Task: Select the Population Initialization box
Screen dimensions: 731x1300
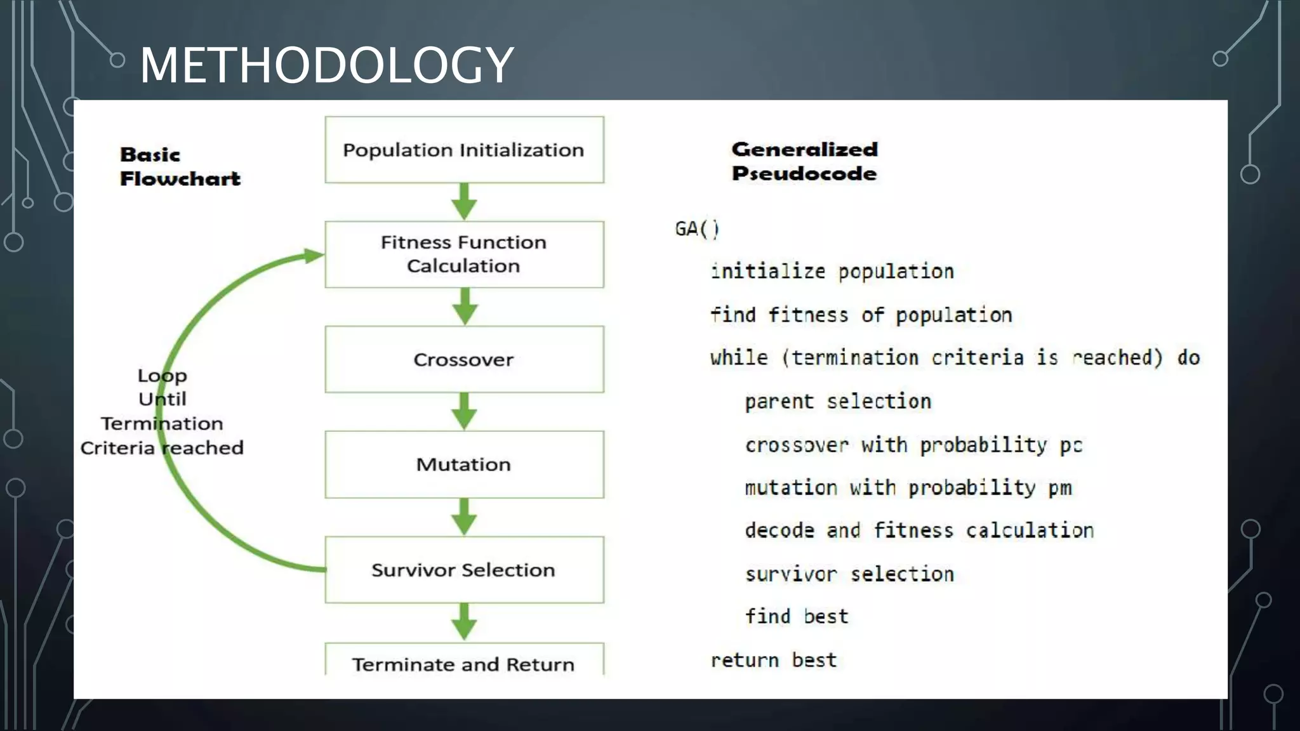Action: click(464, 150)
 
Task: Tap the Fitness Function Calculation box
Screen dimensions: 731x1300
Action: click(464, 254)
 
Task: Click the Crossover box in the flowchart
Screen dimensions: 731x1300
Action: click(464, 359)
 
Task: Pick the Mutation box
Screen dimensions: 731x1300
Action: click(464, 464)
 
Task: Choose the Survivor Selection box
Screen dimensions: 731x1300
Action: click(464, 570)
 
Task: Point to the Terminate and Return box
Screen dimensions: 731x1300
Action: click(464, 664)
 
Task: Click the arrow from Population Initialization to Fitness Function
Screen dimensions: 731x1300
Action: click(464, 202)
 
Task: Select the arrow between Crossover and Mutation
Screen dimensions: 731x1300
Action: click(464, 411)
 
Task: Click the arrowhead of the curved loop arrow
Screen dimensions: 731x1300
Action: click(314, 256)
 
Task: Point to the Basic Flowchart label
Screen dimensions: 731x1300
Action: click(180, 166)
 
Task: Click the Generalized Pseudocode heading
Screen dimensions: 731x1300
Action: click(804, 161)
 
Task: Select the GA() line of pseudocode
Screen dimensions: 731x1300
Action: click(696, 228)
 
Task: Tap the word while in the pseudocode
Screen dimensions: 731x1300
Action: click(739, 358)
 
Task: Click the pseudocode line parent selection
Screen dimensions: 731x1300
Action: click(838, 402)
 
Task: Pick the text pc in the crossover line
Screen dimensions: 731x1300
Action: click(1071, 445)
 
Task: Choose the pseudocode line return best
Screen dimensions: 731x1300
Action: click(773, 661)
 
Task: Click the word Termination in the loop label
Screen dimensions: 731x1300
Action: click(162, 423)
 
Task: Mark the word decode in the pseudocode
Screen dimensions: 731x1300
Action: click(779, 530)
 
